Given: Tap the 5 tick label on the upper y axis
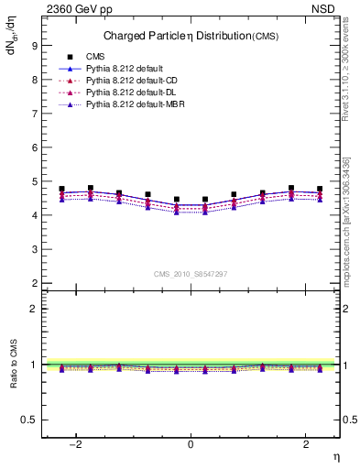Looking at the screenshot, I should pyautogui.click(x=33, y=181).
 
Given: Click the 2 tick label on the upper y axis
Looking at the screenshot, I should pyautogui.click(x=33, y=283).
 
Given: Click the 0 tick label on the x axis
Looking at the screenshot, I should pyautogui.click(x=190, y=444).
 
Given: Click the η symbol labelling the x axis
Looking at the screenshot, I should pyautogui.click(x=336, y=456).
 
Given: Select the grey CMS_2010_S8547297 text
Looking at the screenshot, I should pyautogui.click(x=190, y=274).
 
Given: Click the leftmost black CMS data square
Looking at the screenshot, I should pyautogui.click(x=62, y=189).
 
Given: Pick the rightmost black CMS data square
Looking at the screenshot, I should pyautogui.click(x=319, y=189).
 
